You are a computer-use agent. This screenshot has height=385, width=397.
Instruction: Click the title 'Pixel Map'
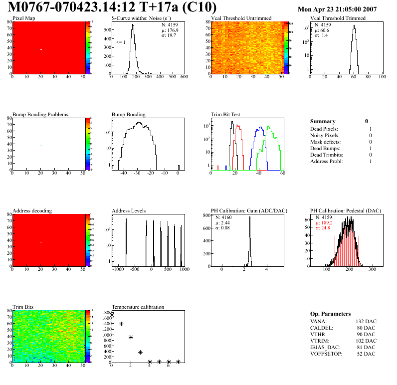pyautogui.click(x=23, y=18)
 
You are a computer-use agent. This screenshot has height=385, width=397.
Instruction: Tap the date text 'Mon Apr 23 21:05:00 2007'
pyautogui.click(x=337, y=9)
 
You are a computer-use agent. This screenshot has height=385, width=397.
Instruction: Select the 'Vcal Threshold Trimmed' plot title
pyautogui.click(x=338, y=18)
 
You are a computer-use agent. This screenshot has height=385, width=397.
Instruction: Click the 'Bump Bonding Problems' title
pyautogui.click(x=40, y=115)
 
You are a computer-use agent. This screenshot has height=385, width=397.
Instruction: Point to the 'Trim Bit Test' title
pyautogui.click(x=226, y=115)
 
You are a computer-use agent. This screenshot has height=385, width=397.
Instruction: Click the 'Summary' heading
pyautogui.click(x=322, y=121)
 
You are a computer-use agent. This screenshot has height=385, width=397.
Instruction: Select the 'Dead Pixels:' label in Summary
pyautogui.click(x=324, y=129)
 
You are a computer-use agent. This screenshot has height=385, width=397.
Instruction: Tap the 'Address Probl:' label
pyautogui.click(x=326, y=162)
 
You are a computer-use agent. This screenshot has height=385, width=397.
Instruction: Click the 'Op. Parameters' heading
pyautogui.click(x=330, y=314)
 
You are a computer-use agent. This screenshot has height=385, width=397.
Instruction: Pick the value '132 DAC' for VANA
pyautogui.click(x=366, y=322)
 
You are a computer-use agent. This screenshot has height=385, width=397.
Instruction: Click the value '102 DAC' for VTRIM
pyautogui.click(x=366, y=341)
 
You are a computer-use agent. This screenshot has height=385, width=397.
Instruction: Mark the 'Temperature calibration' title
pyautogui.click(x=138, y=307)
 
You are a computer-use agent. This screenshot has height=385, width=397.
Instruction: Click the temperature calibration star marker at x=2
pyautogui.click(x=131, y=338)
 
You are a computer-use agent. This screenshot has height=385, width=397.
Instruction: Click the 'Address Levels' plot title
pyautogui.click(x=129, y=211)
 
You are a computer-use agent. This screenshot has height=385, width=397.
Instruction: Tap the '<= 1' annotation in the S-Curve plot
pyautogui.click(x=120, y=42)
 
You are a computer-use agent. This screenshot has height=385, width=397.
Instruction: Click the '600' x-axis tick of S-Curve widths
pyautogui.click(x=183, y=77)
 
